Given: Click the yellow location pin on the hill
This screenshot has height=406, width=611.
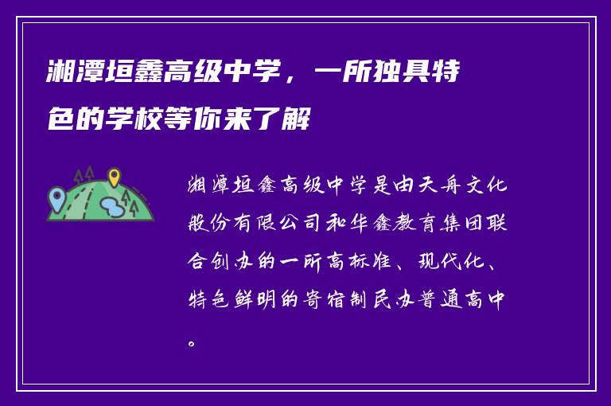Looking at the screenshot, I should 114,177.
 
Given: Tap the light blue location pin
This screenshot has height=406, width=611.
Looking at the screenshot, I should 56,195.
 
